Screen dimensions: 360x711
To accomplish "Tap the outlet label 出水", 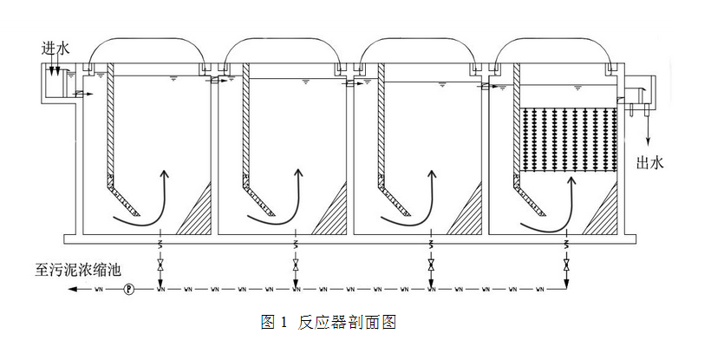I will pos(650,161).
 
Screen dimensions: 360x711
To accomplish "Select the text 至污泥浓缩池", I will pos(75,269).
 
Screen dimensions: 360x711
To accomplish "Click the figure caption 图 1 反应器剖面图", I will pos(329,323).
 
